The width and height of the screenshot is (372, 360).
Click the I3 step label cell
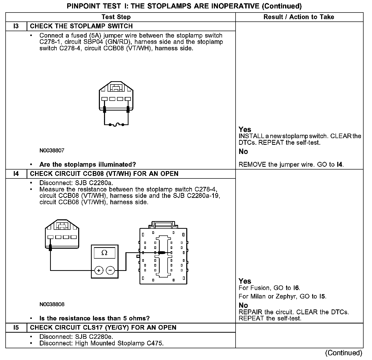tap(16, 26)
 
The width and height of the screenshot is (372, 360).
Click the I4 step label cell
tap(16, 174)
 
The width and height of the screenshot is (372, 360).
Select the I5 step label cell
tap(16, 328)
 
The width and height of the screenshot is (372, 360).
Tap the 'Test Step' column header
tap(116, 17)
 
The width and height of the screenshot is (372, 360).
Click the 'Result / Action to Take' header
tap(299, 17)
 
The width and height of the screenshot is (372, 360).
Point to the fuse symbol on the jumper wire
tap(117, 125)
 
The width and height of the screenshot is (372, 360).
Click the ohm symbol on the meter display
tap(104, 253)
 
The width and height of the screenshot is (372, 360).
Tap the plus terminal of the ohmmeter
tap(99, 270)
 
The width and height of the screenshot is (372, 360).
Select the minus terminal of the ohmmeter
tap(110, 270)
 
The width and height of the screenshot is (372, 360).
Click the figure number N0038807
tap(52, 150)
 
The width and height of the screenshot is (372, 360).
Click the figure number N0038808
tap(52, 304)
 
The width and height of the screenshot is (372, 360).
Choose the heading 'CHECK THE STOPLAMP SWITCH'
tap(81, 26)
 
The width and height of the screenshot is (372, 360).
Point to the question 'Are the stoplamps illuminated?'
tap(88, 164)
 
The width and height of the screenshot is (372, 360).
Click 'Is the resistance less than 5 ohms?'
tap(94, 318)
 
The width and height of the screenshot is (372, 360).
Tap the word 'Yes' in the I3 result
tap(245, 129)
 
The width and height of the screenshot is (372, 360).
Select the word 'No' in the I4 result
tap(243, 305)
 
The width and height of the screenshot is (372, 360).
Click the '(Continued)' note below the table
tap(344, 353)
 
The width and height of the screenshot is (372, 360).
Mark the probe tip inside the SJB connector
tap(161, 253)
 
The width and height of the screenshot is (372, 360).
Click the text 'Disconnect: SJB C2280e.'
tap(76, 337)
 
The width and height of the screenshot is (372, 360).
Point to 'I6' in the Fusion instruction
tap(296, 288)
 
